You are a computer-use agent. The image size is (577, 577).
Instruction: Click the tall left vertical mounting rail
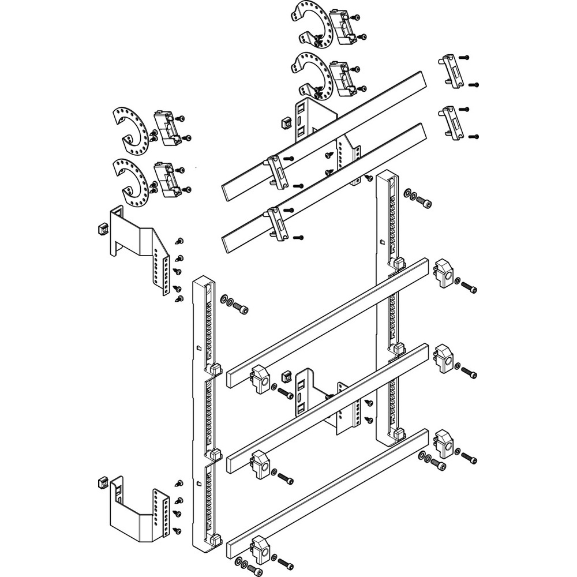(x=203, y=404)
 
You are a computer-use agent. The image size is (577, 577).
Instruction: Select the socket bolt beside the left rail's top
(x=243, y=310)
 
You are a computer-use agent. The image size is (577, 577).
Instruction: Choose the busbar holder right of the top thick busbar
(x=445, y=273)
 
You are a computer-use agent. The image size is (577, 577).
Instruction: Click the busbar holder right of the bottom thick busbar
(x=444, y=443)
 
